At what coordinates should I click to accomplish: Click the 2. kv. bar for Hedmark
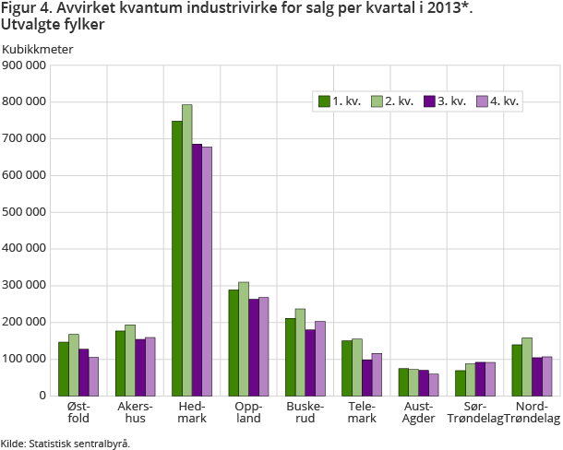click(186, 250)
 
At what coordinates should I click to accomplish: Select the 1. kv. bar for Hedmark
click(176, 258)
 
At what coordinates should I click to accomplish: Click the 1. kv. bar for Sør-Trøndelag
click(460, 383)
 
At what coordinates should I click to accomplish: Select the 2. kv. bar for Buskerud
click(300, 351)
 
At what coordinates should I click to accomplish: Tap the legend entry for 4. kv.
click(497, 101)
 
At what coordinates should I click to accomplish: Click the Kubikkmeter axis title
click(38, 48)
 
